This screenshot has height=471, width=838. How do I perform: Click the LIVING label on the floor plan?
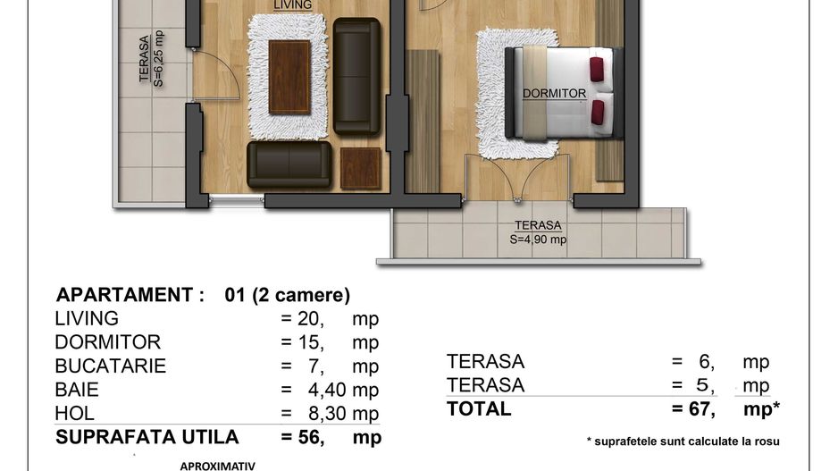[293, 5]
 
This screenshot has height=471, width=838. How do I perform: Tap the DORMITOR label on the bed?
[555, 93]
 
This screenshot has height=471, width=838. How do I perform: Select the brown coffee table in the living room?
[289, 76]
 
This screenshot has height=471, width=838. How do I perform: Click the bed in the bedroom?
[563, 92]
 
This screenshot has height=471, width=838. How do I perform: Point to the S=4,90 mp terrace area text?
[538, 240]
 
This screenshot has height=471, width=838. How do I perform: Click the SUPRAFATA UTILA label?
[147, 437]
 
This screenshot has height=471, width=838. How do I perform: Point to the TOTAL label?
[479, 409]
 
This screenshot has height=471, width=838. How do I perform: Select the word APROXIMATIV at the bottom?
[218, 466]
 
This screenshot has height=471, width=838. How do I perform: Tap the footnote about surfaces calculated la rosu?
[683, 441]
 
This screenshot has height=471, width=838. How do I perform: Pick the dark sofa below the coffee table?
[289, 164]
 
